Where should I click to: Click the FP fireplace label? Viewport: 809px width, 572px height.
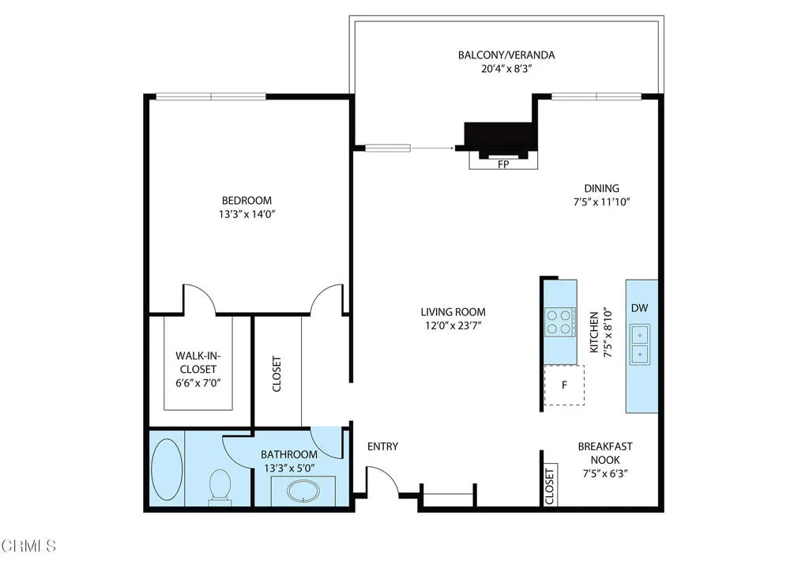[503, 164]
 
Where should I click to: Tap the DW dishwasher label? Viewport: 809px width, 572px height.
[639, 308]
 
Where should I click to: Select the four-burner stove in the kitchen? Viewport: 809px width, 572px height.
[560, 322]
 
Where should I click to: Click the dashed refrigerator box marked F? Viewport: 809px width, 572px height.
[564, 385]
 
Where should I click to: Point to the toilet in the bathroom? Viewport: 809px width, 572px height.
[220, 485]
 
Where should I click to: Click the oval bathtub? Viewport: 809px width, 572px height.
[167, 469]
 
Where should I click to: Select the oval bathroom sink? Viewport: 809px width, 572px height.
[304, 491]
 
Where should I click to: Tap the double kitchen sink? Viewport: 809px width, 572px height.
[640, 344]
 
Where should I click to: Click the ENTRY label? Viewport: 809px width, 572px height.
[382, 446]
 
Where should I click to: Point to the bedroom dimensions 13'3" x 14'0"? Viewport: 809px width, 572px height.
[246, 214]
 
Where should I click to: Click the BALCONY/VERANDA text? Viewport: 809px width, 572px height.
[506, 55]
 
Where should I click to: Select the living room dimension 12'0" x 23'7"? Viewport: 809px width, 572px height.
[453, 326]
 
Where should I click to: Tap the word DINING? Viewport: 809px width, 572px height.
[601, 188]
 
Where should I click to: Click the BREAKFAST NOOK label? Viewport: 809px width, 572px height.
[605, 453]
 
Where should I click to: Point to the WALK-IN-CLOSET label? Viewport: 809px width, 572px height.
[198, 362]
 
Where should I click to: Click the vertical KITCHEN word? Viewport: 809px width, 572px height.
[594, 332]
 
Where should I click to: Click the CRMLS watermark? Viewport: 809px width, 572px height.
[28, 546]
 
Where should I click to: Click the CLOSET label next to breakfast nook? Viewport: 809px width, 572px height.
[549, 486]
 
